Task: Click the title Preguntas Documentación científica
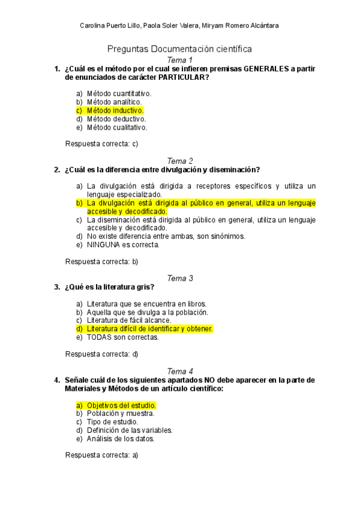179,49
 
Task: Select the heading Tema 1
180,61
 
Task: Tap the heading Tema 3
180,278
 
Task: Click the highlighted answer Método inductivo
115,110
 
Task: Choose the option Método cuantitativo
119,94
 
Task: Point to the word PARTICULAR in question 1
179,77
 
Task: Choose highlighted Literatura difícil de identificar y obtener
149,329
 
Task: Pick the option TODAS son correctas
122,337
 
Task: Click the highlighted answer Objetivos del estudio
121,405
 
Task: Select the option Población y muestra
121,414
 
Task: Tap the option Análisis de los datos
121,439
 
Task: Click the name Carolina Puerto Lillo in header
110,25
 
